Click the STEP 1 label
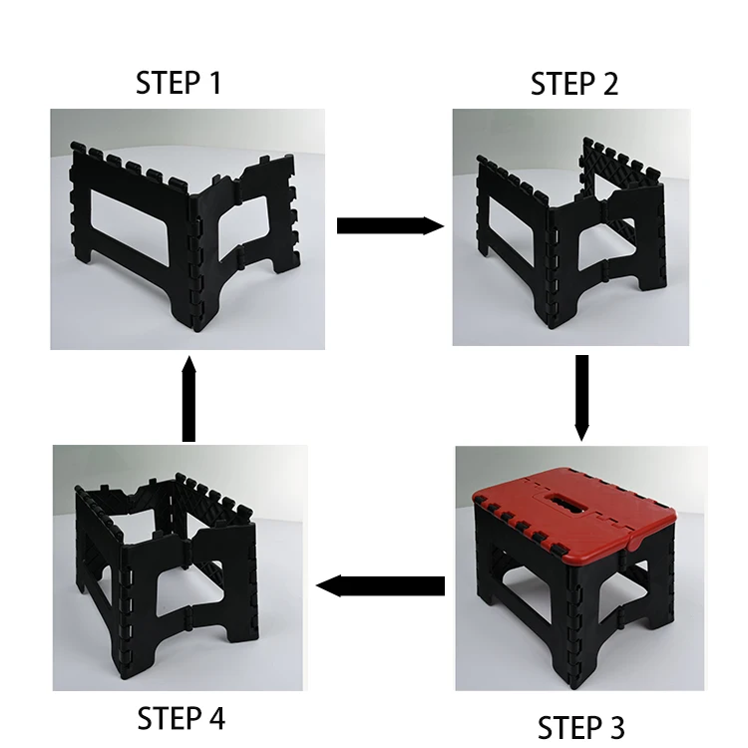[179, 83]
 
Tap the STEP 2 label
[574, 84]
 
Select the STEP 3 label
[581, 727]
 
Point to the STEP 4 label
[181, 718]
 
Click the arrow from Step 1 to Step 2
[390, 225]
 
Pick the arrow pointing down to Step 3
[581, 398]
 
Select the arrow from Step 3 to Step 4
[380, 585]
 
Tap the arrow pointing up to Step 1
[188, 399]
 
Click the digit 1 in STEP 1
[215, 83]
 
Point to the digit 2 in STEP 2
[609, 84]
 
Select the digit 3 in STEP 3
[615, 727]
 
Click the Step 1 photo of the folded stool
[187, 229]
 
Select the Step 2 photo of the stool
[571, 227]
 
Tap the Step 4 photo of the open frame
[178, 567]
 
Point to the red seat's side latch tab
[636, 543]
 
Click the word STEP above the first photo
[168, 83]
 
